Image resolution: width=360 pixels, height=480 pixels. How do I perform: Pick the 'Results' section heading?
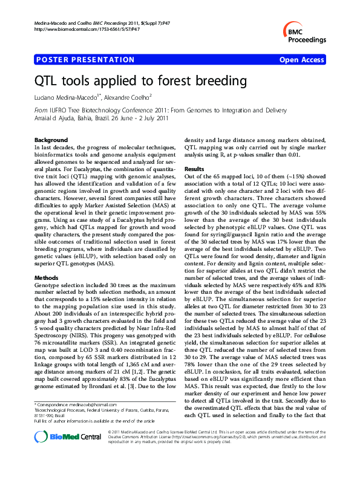click(194, 169)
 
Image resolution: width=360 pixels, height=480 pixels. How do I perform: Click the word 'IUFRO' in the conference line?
click(59, 111)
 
